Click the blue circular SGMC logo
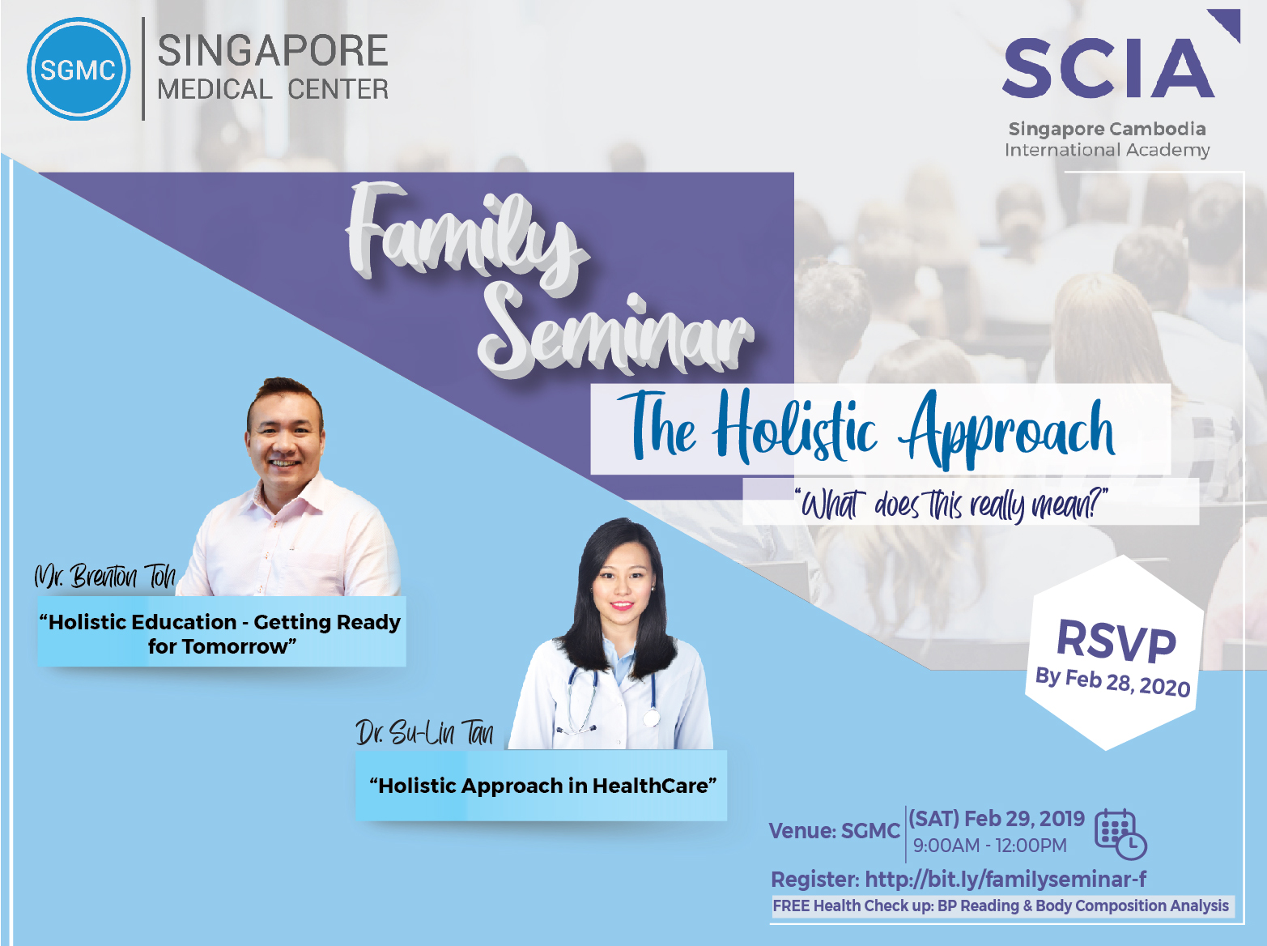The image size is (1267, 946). click(x=79, y=70)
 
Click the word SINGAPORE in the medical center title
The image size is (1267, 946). click(x=273, y=51)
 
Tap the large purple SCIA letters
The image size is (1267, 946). click(x=1109, y=67)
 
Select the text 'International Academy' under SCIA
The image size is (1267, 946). click(x=1108, y=150)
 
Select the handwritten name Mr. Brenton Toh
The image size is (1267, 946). click(x=104, y=577)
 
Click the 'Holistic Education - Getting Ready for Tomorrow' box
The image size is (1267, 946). click(x=222, y=633)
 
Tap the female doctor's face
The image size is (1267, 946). click(x=623, y=583)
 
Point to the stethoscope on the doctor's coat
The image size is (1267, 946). click(x=612, y=699)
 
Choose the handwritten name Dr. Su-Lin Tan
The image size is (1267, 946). click(x=424, y=734)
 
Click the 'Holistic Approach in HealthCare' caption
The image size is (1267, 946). click(x=542, y=786)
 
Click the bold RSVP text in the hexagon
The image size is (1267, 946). click(x=1116, y=641)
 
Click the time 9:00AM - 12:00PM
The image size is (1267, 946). click(x=990, y=846)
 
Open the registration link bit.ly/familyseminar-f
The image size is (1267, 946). click(x=1006, y=879)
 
